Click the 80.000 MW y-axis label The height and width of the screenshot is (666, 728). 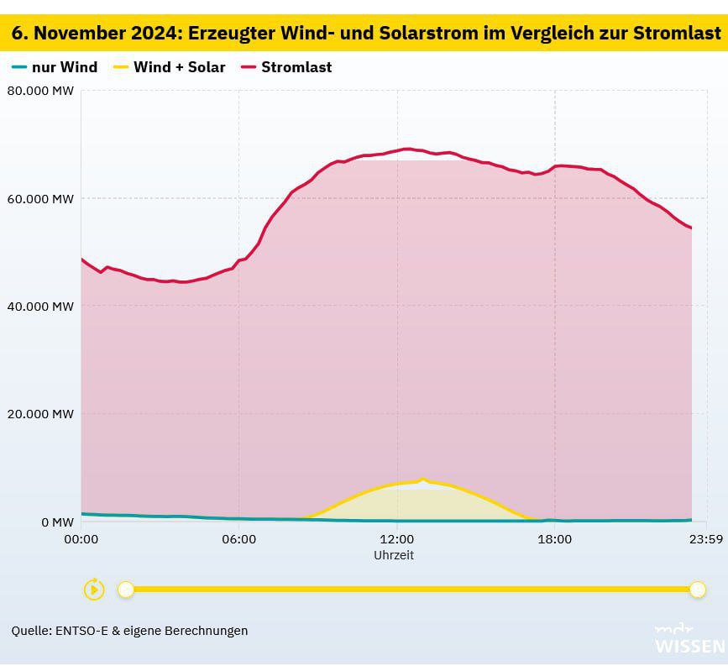(40, 91)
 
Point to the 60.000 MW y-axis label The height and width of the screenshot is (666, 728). (40, 199)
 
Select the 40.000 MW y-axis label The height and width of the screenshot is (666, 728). (40, 307)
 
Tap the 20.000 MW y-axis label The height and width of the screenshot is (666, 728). (40, 414)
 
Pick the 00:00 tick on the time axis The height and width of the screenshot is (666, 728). (81, 539)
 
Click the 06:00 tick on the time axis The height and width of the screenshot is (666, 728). (239, 539)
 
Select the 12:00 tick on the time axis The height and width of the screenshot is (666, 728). (397, 539)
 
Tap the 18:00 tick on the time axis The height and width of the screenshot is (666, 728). (555, 539)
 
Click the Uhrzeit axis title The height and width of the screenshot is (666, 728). (394, 555)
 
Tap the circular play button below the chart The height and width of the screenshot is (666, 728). (94, 590)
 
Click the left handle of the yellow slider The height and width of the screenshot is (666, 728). (126, 590)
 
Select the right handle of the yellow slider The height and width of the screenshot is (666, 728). (697, 590)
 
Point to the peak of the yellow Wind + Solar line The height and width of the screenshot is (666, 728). (423, 479)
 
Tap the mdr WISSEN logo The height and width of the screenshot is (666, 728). (689, 640)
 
